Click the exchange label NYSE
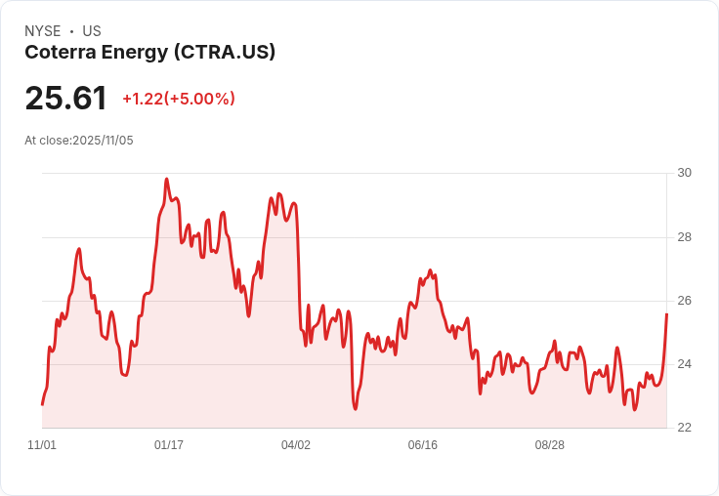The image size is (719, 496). [x=43, y=31]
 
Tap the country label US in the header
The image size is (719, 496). [x=92, y=31]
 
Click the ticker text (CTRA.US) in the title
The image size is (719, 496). [x=225, y=52]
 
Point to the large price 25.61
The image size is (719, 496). [x=65, y=99]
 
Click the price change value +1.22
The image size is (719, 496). [x=142, y=99]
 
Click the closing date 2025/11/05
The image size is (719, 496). [x=103, y=141]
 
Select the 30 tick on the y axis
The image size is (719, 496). [x=685, y=173]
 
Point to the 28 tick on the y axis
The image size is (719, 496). [x=685, y=237]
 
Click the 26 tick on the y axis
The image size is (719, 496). [x=685, y=301]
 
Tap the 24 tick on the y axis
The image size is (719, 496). [x=685, y=364]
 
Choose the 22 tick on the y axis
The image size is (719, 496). [x=685, y=428]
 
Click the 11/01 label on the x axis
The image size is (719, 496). [x=42, y=445]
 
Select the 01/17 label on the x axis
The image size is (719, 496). [x=169, y=445]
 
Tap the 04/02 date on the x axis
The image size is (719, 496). [x=296, y=445]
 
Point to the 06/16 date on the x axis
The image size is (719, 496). [x=423, y=445]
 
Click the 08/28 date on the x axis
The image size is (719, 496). [x=550, y=445]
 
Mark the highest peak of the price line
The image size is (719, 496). [x=166, y=180]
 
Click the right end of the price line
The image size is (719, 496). [x=666, y=313]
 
